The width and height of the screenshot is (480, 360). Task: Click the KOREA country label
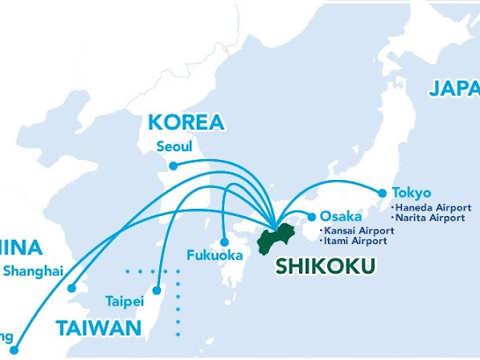coord(186,123)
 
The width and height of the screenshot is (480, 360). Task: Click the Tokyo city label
coord(411,193)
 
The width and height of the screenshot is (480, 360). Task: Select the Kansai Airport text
coord(354,230)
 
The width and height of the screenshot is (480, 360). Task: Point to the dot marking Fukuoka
coord(225,242)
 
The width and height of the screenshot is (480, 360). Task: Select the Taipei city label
coord(124,302)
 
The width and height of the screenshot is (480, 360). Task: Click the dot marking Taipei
coord(157,290)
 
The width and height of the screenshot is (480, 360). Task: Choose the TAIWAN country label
coord(98,327)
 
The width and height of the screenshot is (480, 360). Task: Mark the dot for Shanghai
coord(71,288)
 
